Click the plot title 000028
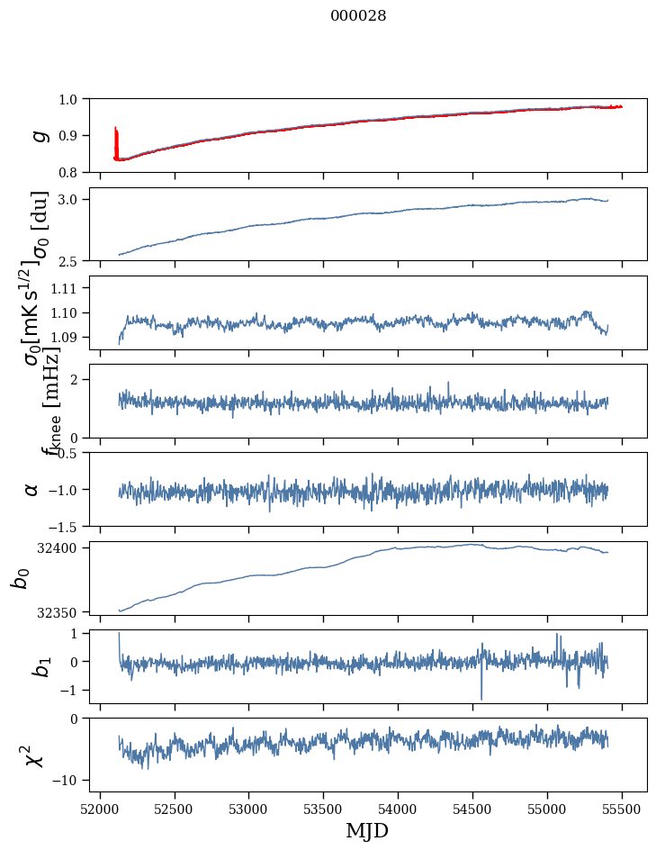pyautogui.click(x=358, y=15)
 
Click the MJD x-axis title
pyautogui.click(x=367, y=830)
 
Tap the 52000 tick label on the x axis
pyautogui.click(x=100, y=809)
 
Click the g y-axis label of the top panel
pyautogui.click(x=38, y=135)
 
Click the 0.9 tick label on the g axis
pyautogui.click(x=71, y=135)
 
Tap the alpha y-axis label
pyautogui.click(x=31, y=489)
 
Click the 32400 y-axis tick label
pyautogui.click(x=61, y=547)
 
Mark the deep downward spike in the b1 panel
pyautogui.click(x=481, y=697)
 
